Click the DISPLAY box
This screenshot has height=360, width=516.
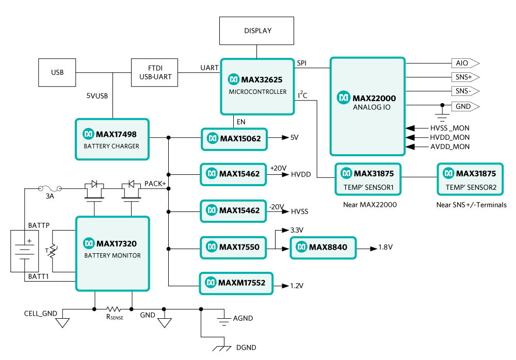(257, 30)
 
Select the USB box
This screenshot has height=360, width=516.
(57, 72)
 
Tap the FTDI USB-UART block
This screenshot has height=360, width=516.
(155, 72)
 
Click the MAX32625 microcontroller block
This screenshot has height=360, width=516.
(257, 86)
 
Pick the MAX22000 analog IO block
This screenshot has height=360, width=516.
(367, 106)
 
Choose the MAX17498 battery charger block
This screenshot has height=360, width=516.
(112, 139)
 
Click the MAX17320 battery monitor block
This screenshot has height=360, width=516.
(112, 254)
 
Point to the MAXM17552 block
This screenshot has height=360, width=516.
(236, 283)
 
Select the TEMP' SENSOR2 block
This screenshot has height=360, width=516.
(470, 179)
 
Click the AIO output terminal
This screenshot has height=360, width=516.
(464, 63)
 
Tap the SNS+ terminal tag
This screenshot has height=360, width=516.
(464, 77)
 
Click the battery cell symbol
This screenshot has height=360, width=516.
(24, 251)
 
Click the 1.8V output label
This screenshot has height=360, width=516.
(385, 248)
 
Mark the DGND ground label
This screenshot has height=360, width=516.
(245, 348)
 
